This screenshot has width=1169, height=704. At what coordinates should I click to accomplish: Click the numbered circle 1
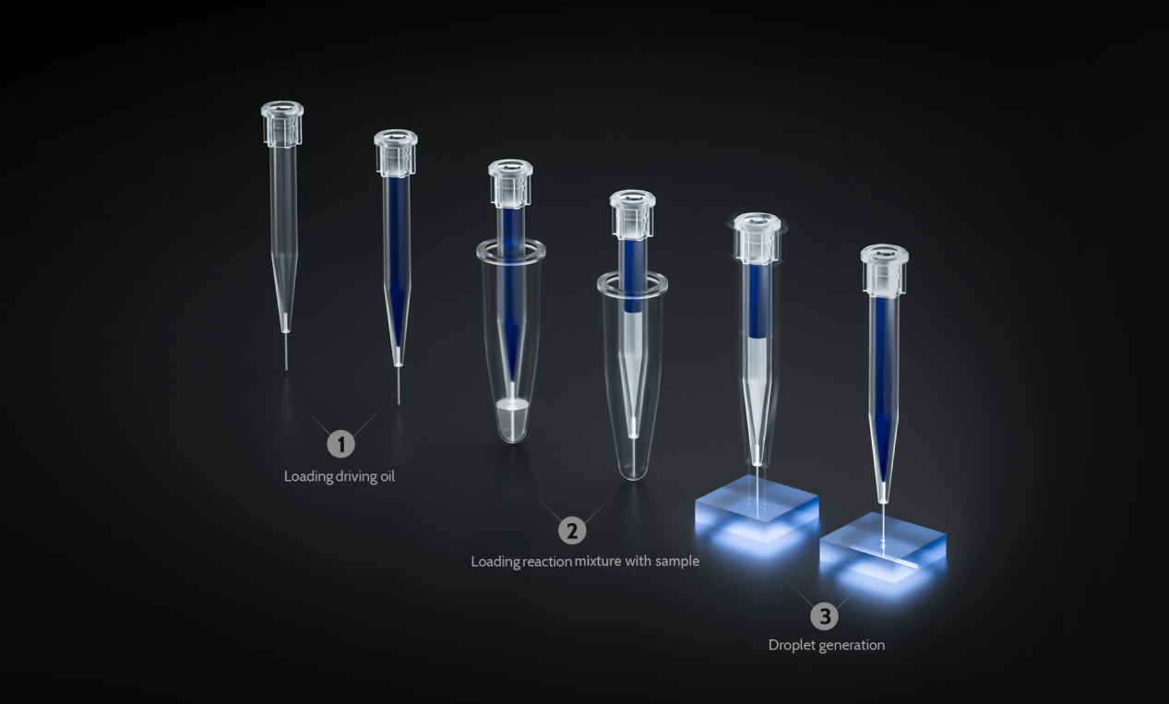click(x=340, y=444)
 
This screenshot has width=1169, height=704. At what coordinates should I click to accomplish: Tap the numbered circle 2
click(x=572, y=531)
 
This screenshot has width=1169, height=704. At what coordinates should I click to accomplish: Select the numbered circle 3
click(x=824, y=615)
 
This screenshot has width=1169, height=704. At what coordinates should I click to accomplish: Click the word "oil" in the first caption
click(x=387, y=476)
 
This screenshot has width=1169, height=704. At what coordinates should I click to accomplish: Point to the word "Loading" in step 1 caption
click(x=301, y=477)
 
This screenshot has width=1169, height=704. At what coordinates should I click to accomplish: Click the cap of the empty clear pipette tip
click(x=281, y=124)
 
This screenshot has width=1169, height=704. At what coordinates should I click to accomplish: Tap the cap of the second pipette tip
click(x=395, y=153)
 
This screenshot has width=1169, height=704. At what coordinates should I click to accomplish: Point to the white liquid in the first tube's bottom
click(x=512, y=404)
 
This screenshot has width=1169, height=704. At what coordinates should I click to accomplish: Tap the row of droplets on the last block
click(x=884, y=555)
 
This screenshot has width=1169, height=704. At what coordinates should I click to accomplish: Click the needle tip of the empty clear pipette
click(x=286, y=368)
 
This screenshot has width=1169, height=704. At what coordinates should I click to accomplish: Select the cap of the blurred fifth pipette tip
click(x=757, y=237)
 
